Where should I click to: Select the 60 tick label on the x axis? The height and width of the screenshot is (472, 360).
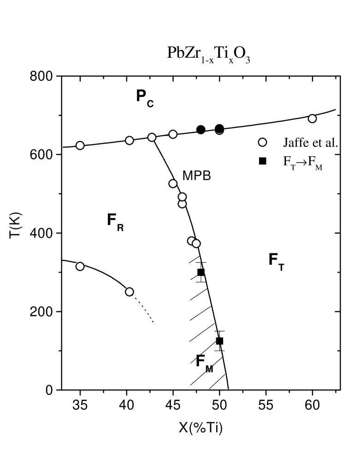(312, 407)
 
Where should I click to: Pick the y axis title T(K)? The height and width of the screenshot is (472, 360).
(18, 233)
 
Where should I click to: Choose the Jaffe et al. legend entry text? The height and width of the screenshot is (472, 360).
(311, 143)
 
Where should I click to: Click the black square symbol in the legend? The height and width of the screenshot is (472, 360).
(262, 161)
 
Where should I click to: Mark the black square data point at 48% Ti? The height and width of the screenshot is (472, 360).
(201, 272)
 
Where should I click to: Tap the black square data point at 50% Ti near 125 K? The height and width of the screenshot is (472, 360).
(219, 341)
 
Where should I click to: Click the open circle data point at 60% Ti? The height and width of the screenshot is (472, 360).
(312, 119)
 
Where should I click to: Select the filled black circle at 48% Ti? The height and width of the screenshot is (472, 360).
(201, 130)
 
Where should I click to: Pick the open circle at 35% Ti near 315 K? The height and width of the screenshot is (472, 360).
(80, 266)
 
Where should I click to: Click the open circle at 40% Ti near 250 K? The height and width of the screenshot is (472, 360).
(130, 292)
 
